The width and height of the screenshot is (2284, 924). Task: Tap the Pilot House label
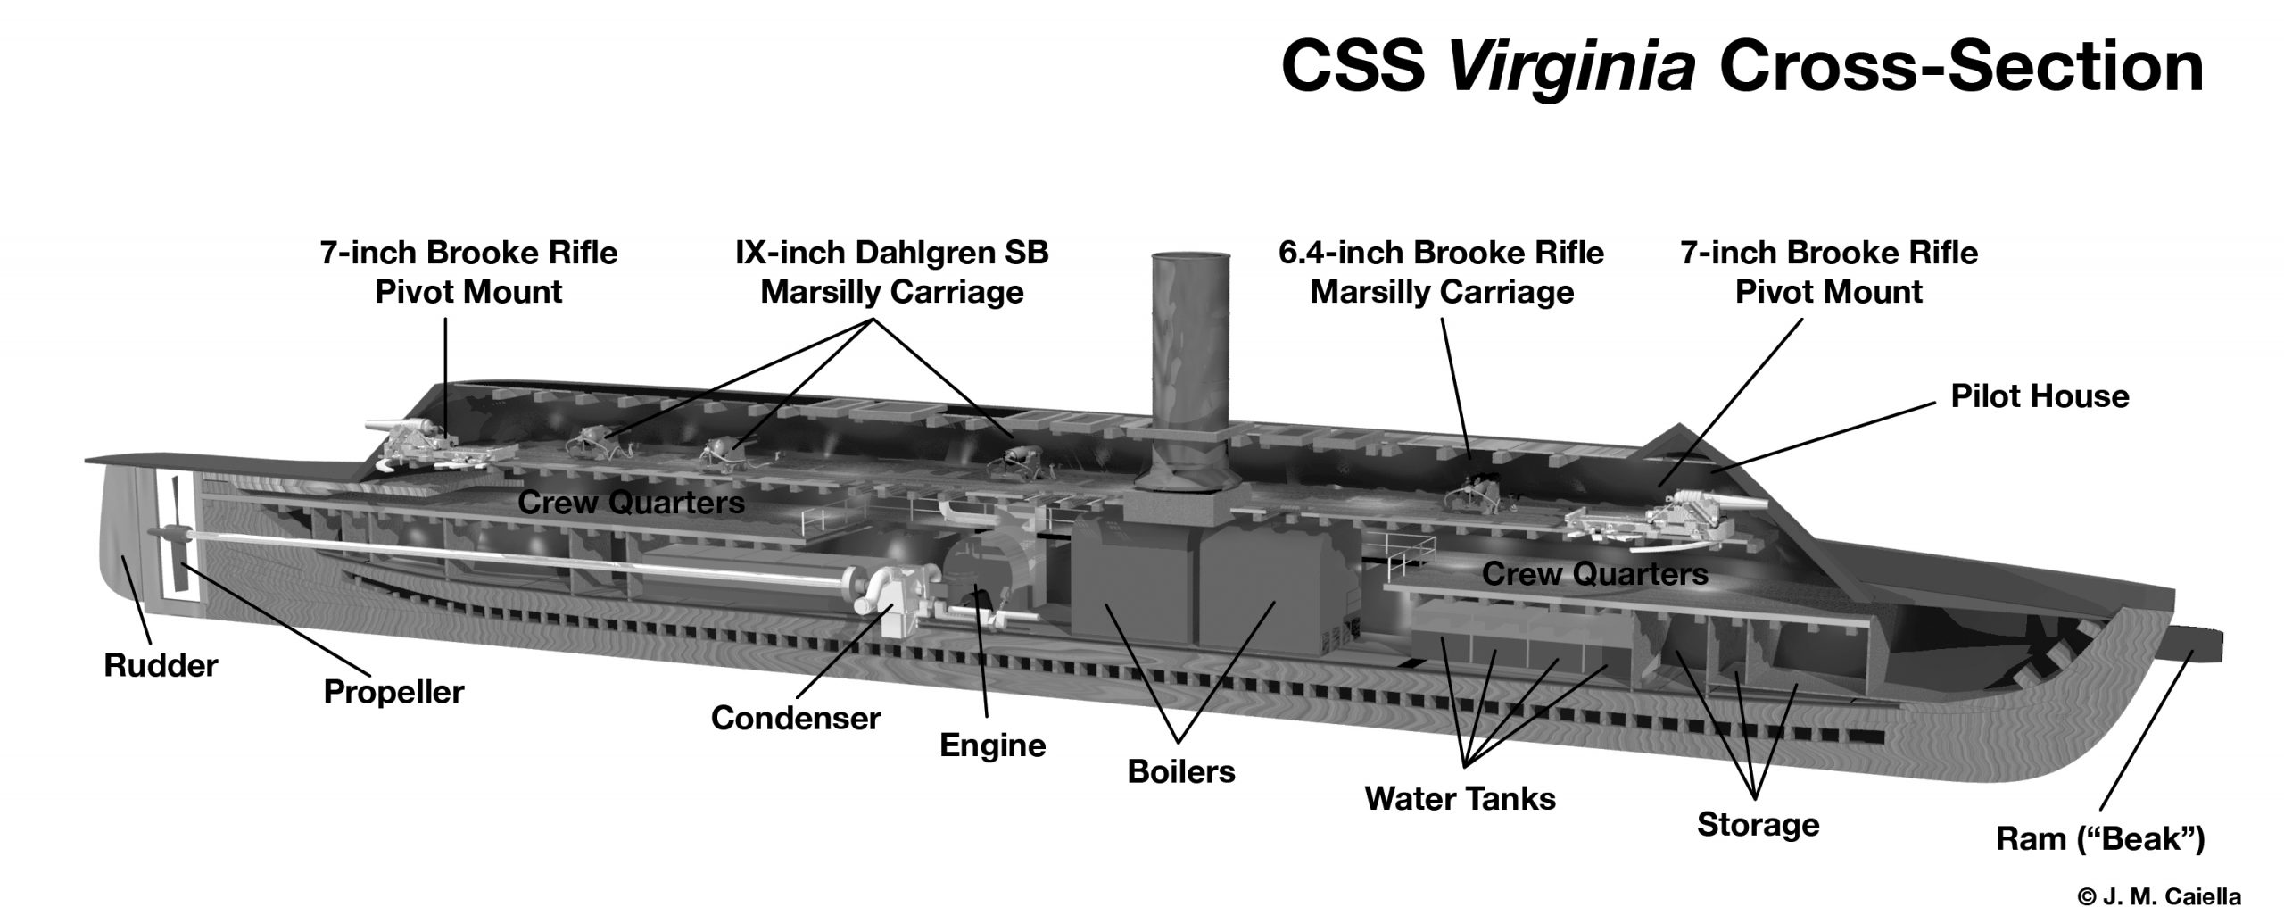tap(2040, 396)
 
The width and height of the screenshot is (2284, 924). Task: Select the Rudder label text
tap(161, 665)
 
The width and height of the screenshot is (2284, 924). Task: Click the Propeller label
tap(393, 692)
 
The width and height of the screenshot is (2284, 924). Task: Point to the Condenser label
tap(795, 718)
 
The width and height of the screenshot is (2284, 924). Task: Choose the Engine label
tap(992, 745)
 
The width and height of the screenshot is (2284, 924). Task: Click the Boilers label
tap(1180, 771)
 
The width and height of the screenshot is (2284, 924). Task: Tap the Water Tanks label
tap(1460, 798)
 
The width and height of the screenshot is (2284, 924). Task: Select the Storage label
tap(1758, 824)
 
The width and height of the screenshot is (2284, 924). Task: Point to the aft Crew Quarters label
tap(631, 503)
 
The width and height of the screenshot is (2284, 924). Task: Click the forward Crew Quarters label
tap(1594, 573)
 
